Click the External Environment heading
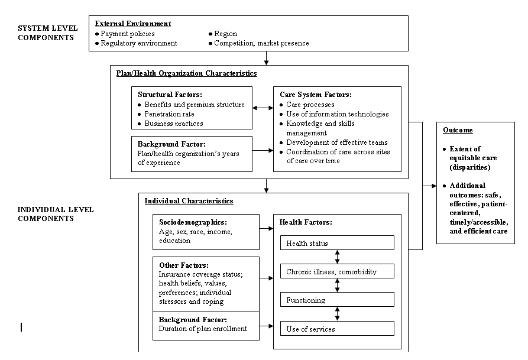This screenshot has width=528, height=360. pyautogui.click(x=133, y=24)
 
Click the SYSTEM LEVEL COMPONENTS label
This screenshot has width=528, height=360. pyautogui.click(x=46, y=33)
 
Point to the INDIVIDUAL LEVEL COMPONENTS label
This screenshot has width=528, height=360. pyautogui.click(x=56, y=214)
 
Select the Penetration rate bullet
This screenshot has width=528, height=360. pyautogui.click(x=170, y=114)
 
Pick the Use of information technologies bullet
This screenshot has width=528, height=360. pyautogui.click(x=334, y=114)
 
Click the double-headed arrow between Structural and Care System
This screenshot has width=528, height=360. pyautogui.click(x=263, y=108)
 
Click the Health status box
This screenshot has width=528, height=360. pyautogui.click(x=337, y=243)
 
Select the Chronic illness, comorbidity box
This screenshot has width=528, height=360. pyautogui.click(x=337, y=272)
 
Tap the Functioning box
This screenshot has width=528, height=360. pyautogui.click(x=337, y=300)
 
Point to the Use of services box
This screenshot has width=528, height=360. pyautogui.click(x=337, y=329)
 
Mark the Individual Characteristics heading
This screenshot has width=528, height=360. pyautogui.click(x=189, y=201)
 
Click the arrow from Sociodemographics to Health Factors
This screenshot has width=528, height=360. pyautogui.click(x=266, y=232)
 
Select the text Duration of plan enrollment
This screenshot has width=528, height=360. pyautogui.click(x=203, y=329)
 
